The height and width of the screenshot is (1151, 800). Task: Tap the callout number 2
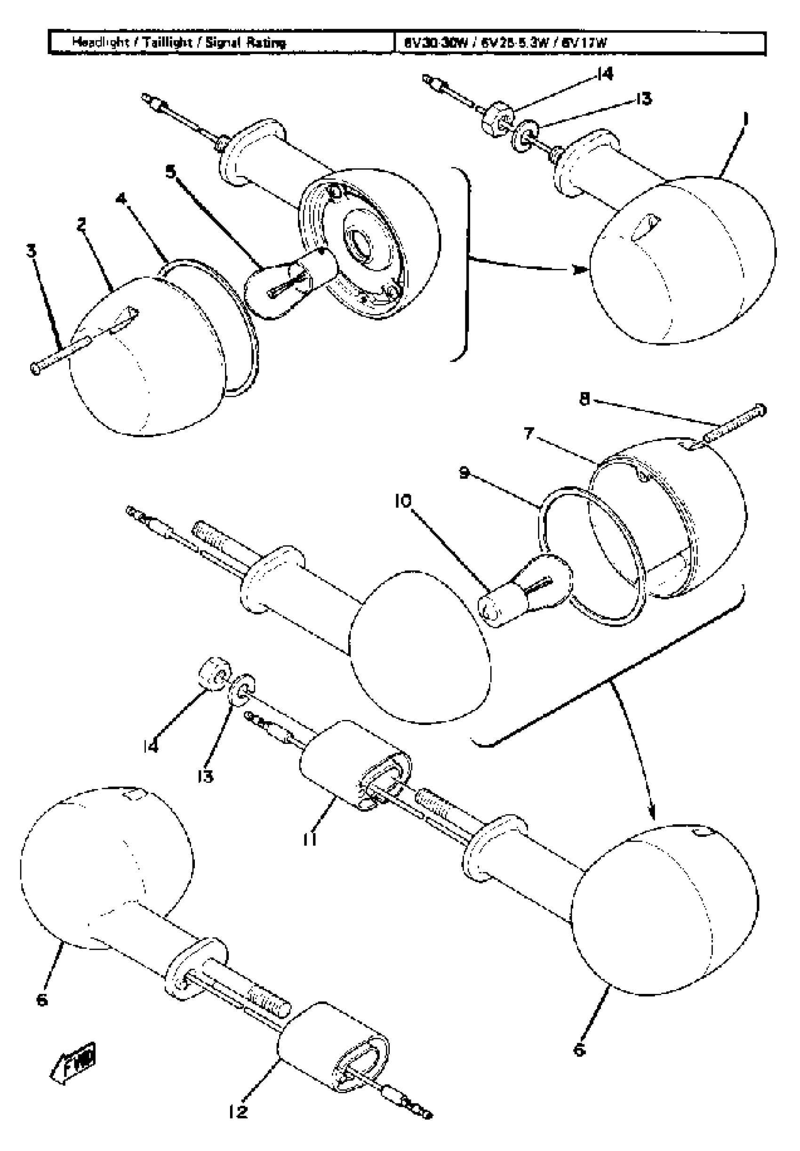82,224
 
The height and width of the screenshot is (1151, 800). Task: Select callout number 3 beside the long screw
32,251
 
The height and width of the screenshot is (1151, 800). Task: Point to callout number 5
171,172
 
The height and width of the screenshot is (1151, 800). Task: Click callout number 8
584,400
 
